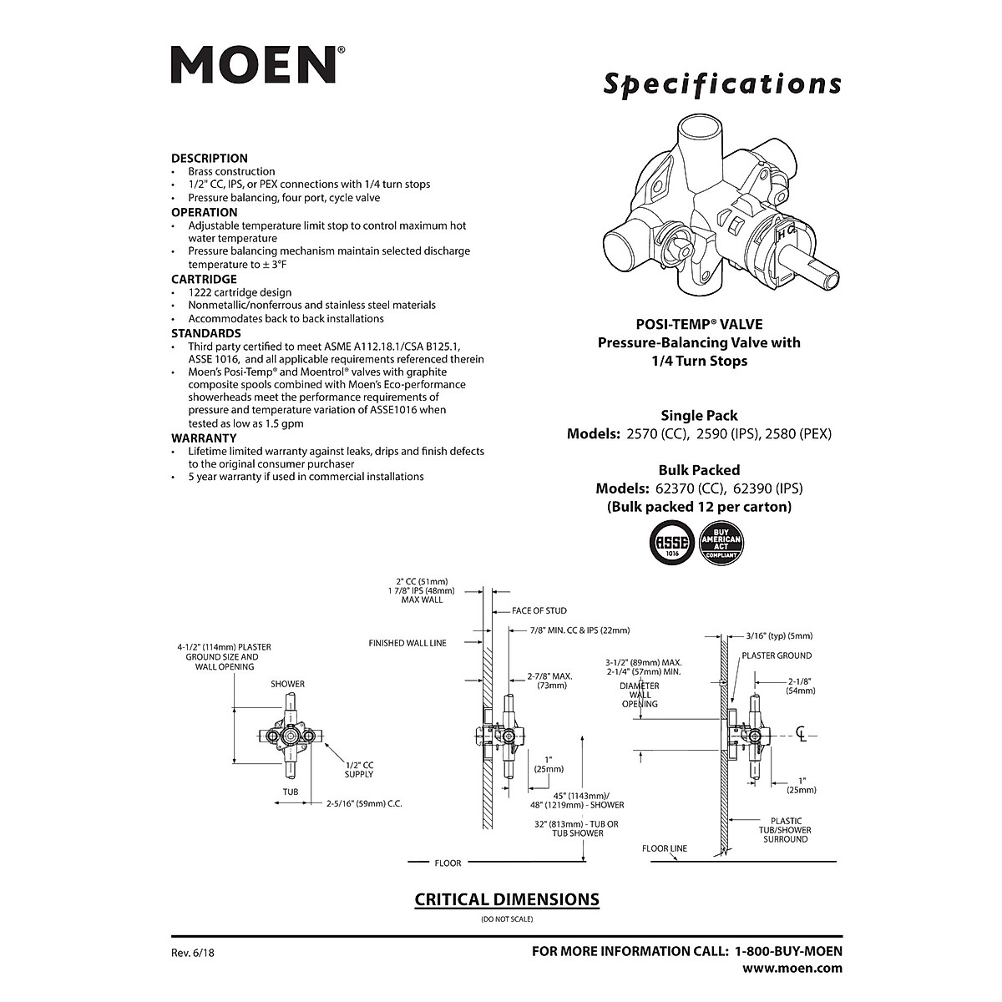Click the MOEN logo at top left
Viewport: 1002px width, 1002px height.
pos(254,64)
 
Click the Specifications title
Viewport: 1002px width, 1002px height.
pos(722,84)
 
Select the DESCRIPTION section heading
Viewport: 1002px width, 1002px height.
pos(210,158)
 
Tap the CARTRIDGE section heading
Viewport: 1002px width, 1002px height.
pos(204,279)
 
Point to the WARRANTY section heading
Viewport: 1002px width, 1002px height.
pos(204,438)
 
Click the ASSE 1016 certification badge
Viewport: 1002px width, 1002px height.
pos(672,544)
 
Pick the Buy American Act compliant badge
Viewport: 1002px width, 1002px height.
pos(721,544)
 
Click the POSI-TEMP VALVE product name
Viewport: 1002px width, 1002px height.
pos(699,324)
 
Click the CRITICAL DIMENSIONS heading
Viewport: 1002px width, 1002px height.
pos(507,899)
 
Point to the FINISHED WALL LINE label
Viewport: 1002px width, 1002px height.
pos(407,643)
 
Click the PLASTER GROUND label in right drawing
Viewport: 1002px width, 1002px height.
pos(777,655)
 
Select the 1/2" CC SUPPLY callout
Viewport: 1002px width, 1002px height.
pos(359,769)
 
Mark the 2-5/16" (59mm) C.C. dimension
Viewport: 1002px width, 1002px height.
pos(364,805)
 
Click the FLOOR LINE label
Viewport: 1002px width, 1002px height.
pos(665,848)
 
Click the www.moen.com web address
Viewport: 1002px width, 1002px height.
pos(792,969)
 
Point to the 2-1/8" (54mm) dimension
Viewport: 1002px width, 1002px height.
pos(801,686)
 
